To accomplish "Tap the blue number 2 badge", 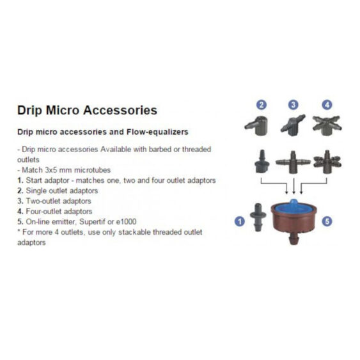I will click(x=262, y=105).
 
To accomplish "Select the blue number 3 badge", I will click(x=293, y=105).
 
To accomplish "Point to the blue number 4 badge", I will click(x=327, y=105).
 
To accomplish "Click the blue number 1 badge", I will click(x=240, y=222).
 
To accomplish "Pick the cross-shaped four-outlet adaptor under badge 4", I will click(x=327, y=124).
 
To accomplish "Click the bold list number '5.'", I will click(x=20, y=221).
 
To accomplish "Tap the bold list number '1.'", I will click(x=20, y=180).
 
